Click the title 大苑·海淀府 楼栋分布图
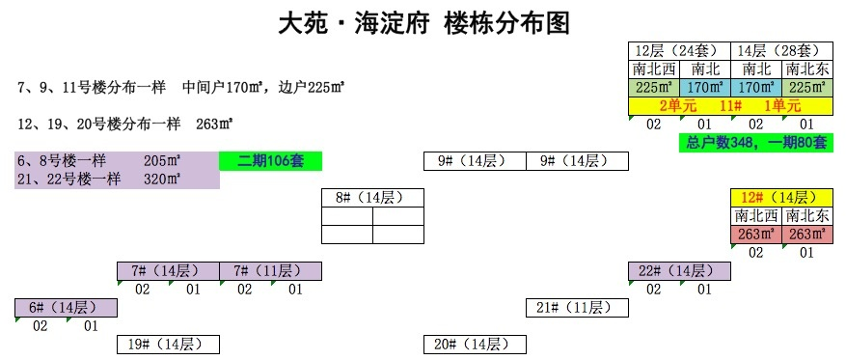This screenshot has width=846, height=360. pos(423,22)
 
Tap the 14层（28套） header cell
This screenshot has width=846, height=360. pos(781,50)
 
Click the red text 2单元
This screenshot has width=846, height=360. pos(678,105)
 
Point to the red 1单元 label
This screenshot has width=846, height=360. pos(781,105)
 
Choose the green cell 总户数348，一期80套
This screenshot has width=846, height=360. pos(756,142)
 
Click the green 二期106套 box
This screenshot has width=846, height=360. pos(270,160)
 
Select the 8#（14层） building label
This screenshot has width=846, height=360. pos(372,198)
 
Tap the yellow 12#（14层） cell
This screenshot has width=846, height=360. pos(781,198)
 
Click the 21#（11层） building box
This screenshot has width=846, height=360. pos(577,307)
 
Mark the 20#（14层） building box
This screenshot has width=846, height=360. pos(475,344)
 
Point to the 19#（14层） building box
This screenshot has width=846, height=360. pos(168,344)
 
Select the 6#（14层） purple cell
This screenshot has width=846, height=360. pos(66,307)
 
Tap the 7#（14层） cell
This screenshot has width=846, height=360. pos(168,270)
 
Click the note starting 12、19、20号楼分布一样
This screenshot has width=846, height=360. pos(125,124)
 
